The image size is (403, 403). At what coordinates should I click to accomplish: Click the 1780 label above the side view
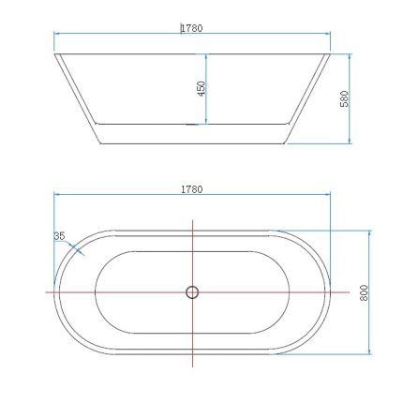point(191,28)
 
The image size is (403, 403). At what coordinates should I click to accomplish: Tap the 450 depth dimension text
point(201,88)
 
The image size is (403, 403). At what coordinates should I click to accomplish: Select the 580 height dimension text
point(345,97)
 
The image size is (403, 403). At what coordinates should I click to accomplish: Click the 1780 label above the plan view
point(191,188)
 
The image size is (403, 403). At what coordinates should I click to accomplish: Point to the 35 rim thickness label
point(59,236)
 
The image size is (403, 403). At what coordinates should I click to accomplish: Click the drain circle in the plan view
point(192,291)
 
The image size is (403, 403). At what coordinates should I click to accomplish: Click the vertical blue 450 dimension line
point(206,88)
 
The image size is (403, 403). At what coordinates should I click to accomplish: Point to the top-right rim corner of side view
point(331,53)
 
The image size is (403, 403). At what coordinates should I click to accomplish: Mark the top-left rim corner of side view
point(54,53)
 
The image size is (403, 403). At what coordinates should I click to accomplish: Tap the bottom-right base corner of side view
point(285,143)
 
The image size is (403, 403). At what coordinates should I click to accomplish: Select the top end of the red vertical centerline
point(192,219)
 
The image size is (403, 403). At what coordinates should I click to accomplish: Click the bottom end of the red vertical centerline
point(192,367)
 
